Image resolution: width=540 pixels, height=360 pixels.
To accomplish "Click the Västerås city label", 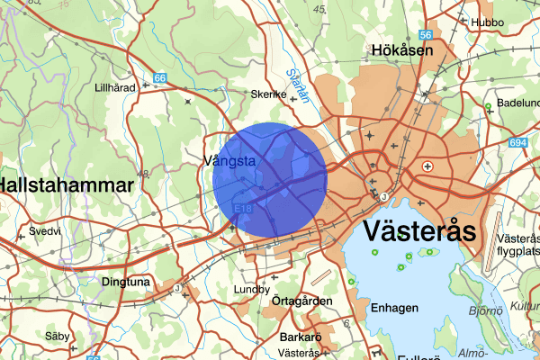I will click(x=418, y=230).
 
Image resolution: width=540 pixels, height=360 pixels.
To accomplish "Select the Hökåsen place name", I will click(x=402, y=51).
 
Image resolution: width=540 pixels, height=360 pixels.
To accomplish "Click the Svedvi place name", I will click(x=45, y=231).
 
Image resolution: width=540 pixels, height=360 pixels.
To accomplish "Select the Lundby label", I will click(x=251, y=290).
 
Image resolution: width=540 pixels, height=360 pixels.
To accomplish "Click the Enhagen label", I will click(x=394, y=309).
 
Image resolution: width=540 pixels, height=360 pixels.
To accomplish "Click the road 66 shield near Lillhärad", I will click(x=159, y=79).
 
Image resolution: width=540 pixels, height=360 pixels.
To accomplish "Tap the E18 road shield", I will click(x=240, y=209).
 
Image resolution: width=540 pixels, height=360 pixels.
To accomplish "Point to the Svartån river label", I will click(x=296, y=83).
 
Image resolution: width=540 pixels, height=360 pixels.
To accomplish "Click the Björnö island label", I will click(x=486, y=312).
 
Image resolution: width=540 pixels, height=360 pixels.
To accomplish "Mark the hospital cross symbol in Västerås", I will click(x=427, y=166).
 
